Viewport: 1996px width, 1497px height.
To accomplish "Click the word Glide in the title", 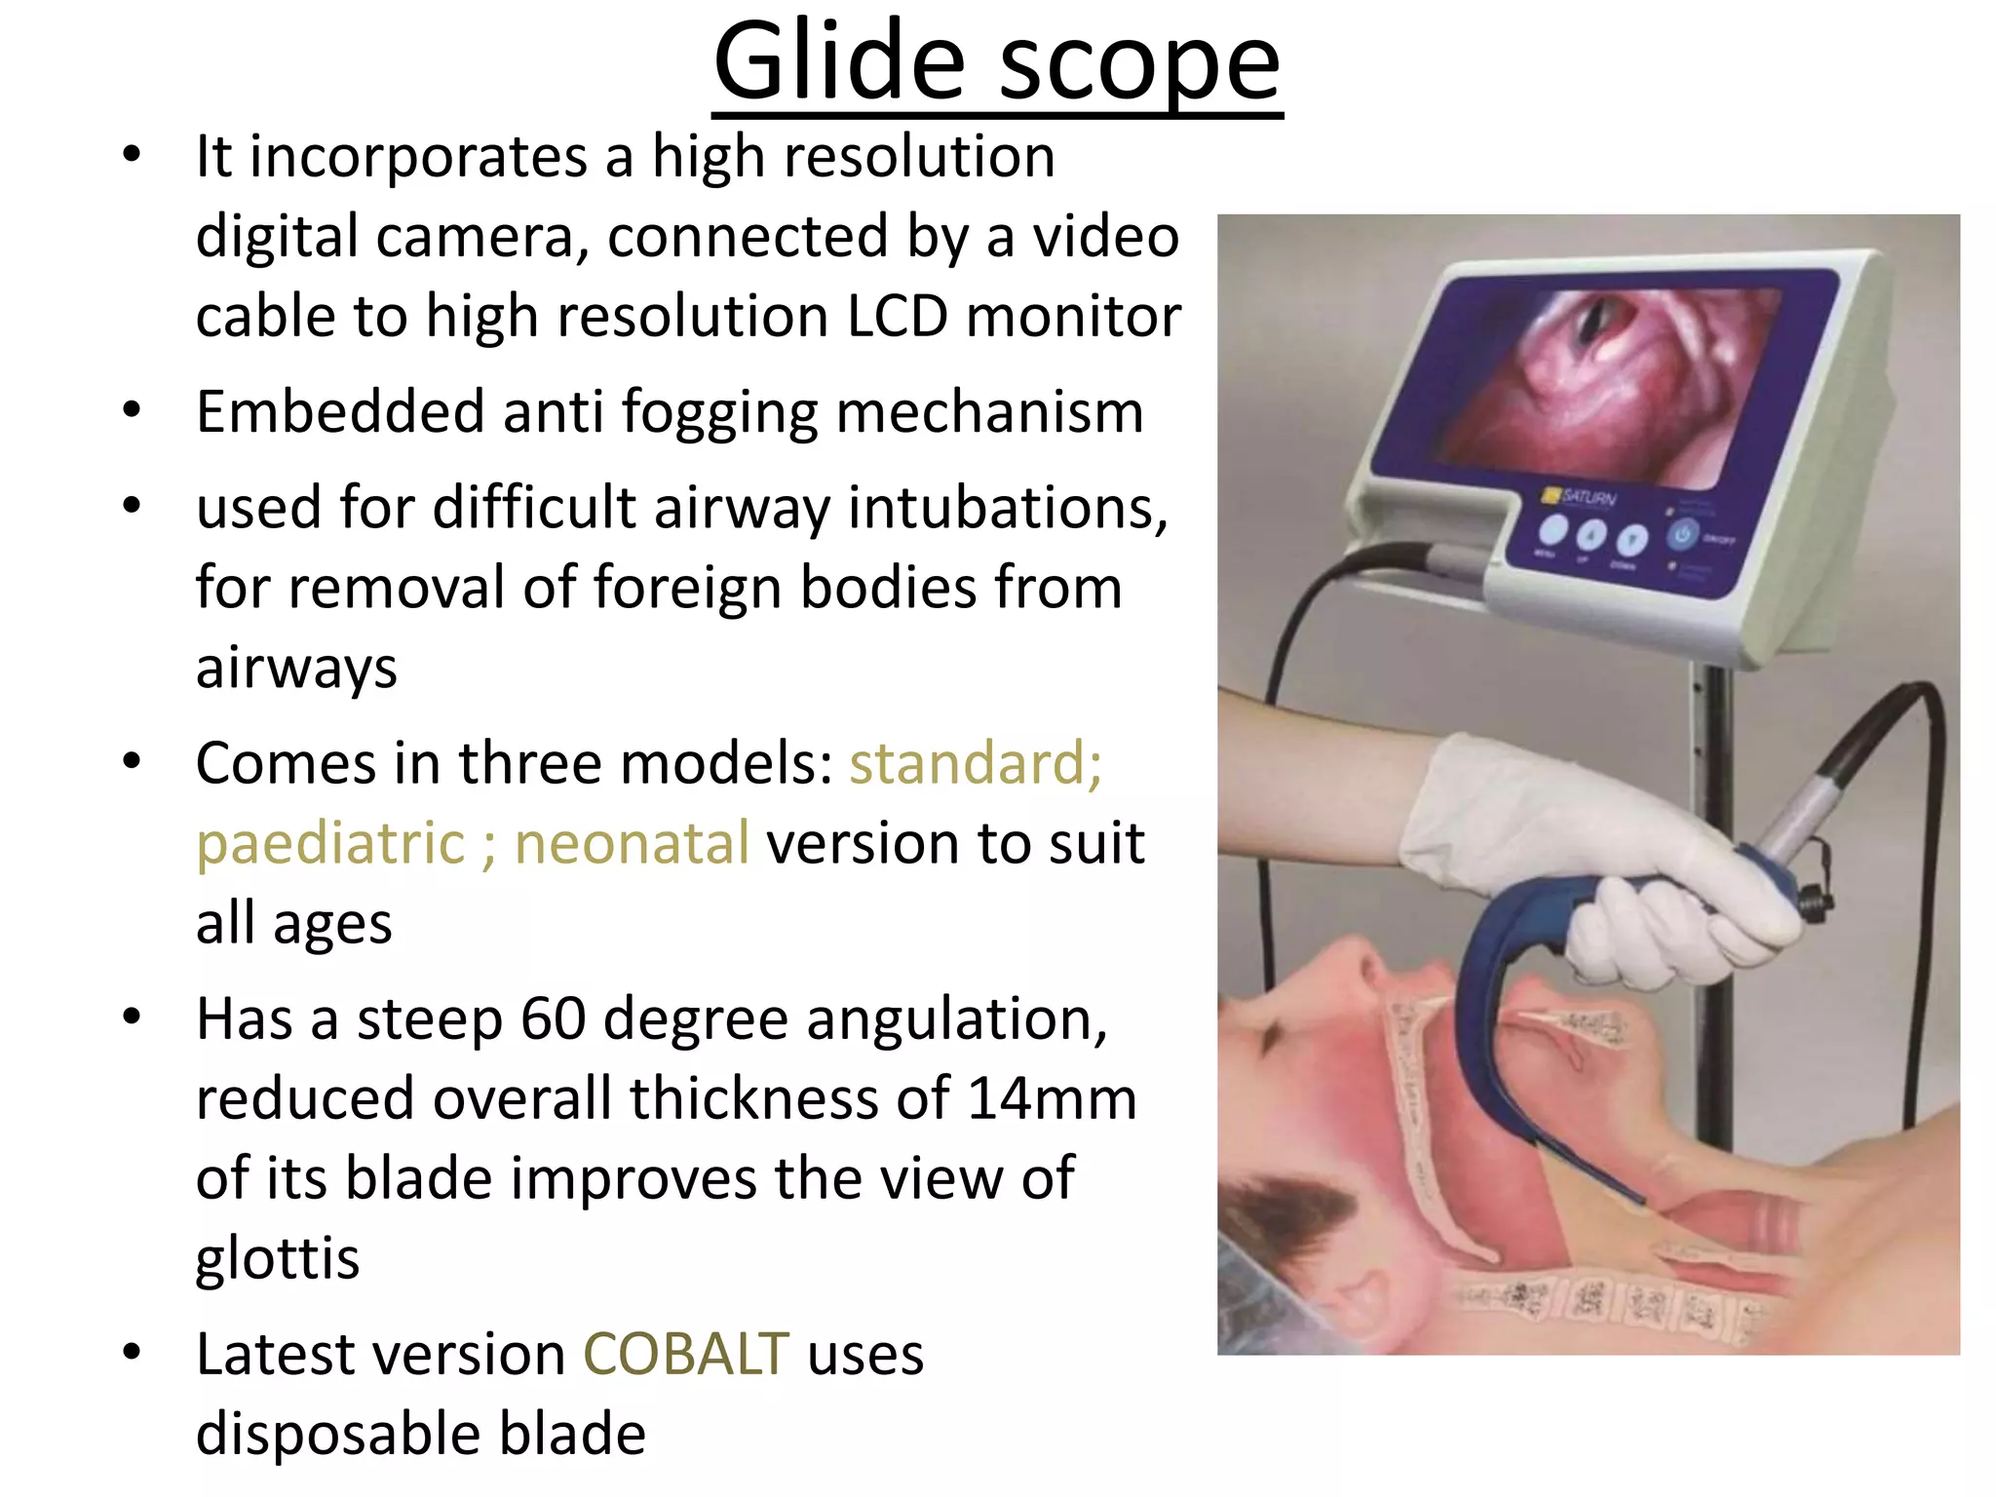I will (840, 62).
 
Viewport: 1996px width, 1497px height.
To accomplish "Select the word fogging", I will (719, 413).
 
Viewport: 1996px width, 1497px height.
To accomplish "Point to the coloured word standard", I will (975, 763).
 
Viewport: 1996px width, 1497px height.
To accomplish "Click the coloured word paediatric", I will (330, 844).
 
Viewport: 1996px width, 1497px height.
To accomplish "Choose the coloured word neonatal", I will (632, 843).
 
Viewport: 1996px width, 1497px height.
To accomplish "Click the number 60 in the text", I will (553, 1019).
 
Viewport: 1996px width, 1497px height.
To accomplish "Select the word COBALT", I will (685, 1355).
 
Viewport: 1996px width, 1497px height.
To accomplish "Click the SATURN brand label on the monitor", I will (1587, 497).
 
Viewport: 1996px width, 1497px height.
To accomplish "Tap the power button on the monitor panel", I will (1683, 535).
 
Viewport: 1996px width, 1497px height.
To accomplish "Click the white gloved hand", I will (1598, 858).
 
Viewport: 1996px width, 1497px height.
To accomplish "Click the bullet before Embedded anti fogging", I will (133, 410).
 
